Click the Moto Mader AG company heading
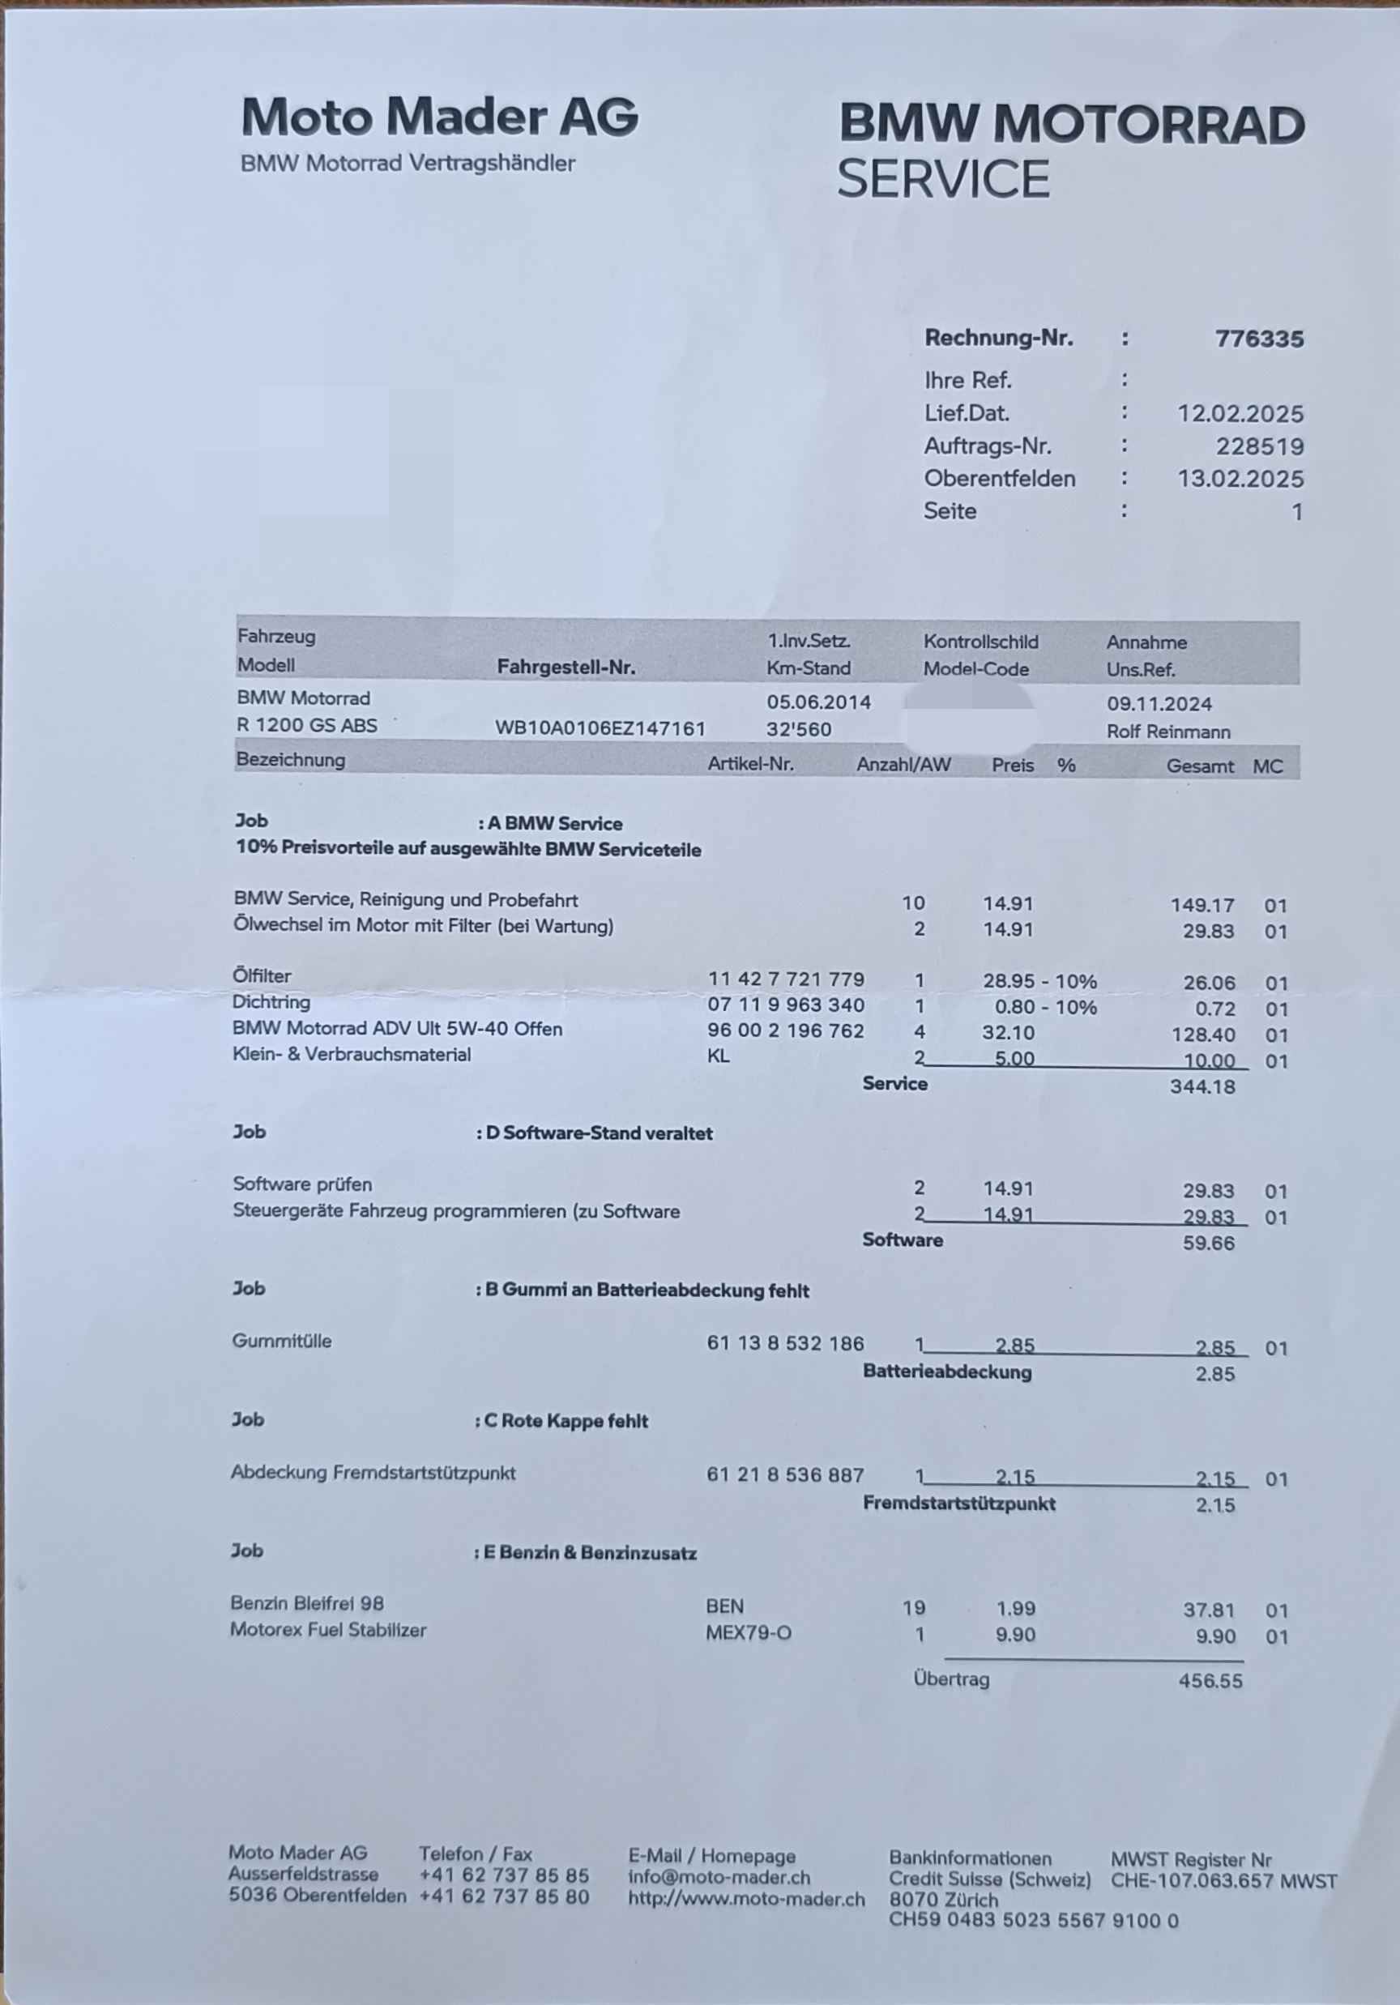coord(439,117)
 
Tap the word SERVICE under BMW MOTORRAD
coord(942,179)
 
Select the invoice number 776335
coord(1258,339)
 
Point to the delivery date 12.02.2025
coord(1240,413)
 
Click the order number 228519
coord(1259,446)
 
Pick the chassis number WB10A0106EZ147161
coord(600,728)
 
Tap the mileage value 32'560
coord(798,729)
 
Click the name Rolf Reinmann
coord(1167,732)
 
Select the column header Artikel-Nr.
coord(750,764)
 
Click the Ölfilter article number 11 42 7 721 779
coord(785,979)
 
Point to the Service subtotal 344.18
coord(1202,1087)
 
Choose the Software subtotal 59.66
coord(1208,1243)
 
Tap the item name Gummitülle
coord(281,1342)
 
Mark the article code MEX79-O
coord(748,1633)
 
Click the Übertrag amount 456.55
coord(1210,1681)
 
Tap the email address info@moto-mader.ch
coord(719,1878)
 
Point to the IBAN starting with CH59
coord(1033,1920)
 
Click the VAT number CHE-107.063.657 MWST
coord(1223,1881)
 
